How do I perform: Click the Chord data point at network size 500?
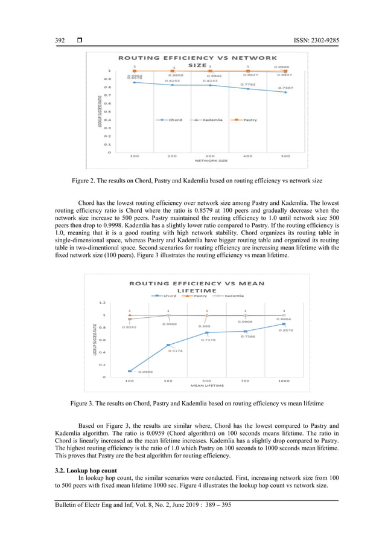[285, 92]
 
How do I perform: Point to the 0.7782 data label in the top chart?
[247, 85]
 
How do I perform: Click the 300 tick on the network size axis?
[210, 156]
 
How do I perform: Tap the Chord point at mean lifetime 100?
[130, 371]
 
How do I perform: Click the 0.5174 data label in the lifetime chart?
[176, 350]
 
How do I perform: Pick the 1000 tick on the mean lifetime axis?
[284, 381]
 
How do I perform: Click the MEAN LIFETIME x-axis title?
[207, 385]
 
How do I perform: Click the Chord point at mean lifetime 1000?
[284, 324]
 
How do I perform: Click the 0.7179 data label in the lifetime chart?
[208, 340]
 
